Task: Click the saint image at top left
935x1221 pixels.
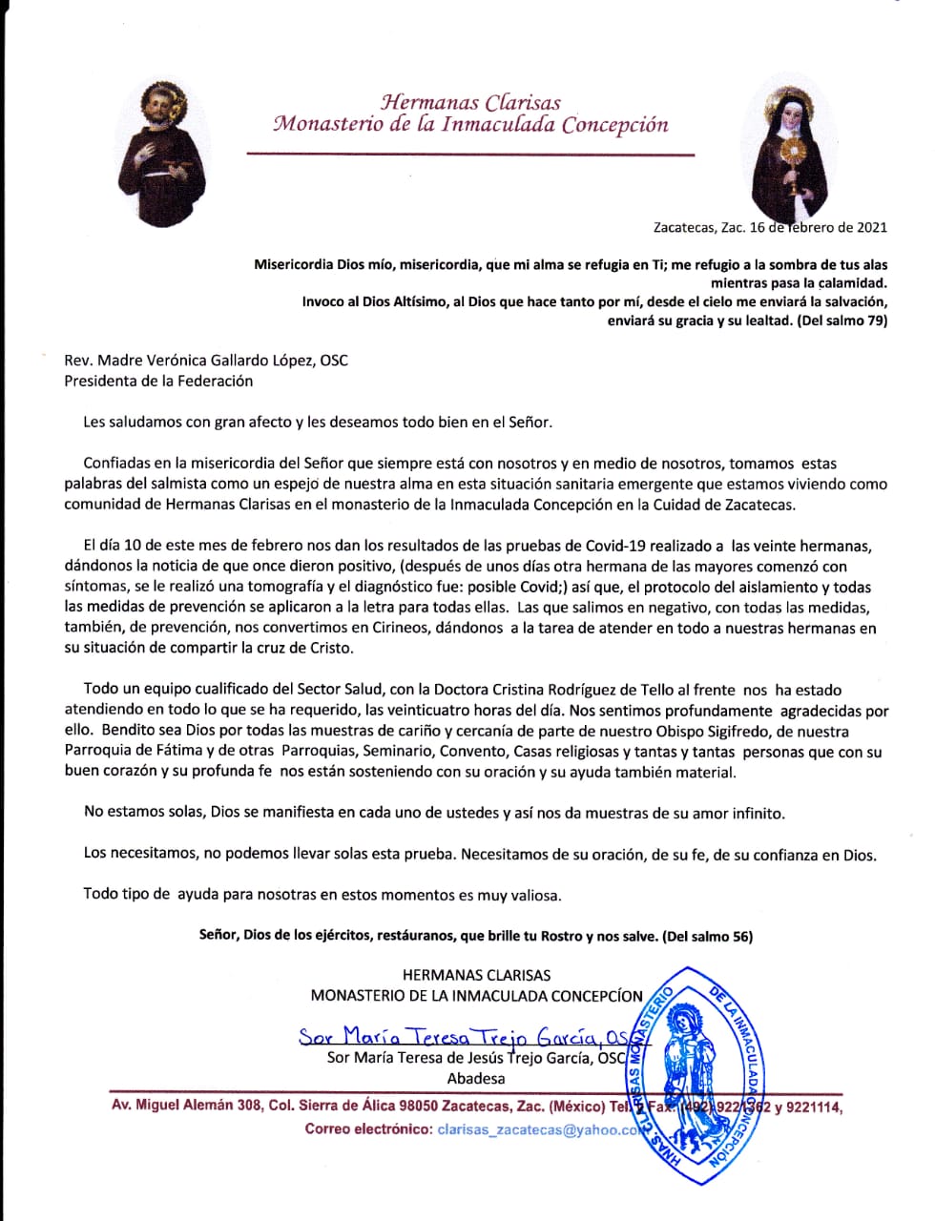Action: (159, 155)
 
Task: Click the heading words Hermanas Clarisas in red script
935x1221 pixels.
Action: (470, 102)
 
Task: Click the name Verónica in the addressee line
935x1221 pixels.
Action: (197, 361)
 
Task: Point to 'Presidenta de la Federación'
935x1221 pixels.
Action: (158, 381)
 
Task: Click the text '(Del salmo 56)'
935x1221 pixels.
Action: (707, 937)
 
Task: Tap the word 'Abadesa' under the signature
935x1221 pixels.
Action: (476, 1079)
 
